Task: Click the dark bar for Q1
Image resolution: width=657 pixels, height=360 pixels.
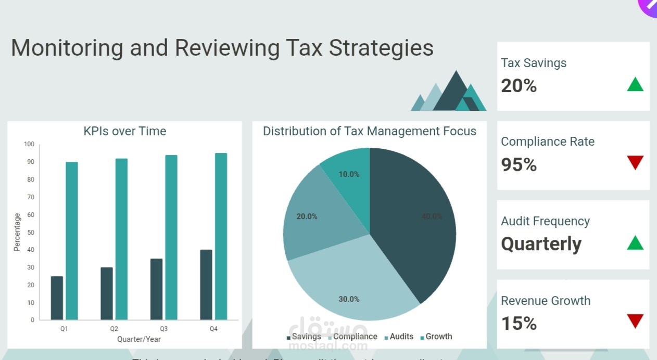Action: pyautogui.click(x=57, y=298)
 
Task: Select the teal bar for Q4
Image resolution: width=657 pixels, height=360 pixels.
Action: pyautogui.click(x=221, y=236)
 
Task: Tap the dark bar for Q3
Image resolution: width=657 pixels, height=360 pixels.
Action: pyautogui.click(x=156, y=289)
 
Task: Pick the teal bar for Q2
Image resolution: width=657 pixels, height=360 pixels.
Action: pyautogui.click(x=121, y=239)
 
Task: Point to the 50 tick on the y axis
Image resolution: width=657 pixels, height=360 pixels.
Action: pyautogui.click(x=31, y=232)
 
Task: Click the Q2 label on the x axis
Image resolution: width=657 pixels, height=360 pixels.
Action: pyautogui.click(x=114, y=329)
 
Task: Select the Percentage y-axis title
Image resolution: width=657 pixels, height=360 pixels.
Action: pyautogui.click(x=17, y=232)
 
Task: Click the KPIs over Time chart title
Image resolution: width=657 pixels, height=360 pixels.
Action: pyautogui.click(x=125, y=131)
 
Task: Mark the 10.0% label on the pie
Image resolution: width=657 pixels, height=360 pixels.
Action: pyautogui.click(x=349, y=174)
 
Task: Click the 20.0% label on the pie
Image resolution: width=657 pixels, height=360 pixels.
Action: pyautogui.click(x=307, y=216)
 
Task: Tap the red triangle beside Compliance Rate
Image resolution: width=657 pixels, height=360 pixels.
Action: pyautogui.click(x=635, y=162)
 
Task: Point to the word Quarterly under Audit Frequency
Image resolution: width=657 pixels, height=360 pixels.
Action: pyautogui.click(x=541, y=244)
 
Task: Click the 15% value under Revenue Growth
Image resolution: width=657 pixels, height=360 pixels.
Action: pyautogui.click(x=519, y=324)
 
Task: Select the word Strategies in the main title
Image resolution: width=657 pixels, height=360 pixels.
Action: pyautogui.click(x=382, y=48)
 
